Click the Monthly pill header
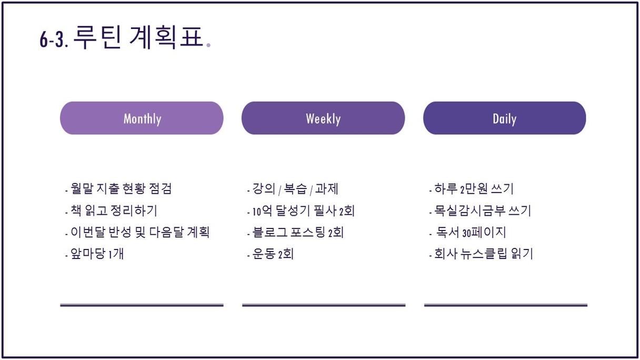(x=142, y=118)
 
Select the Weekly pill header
(x=323, y=118)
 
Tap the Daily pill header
(x=505, y=118)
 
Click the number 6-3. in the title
(x=54, y=39)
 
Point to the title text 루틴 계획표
(x=138, y=37)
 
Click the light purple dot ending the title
(x=208, y=45)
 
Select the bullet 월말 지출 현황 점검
(x=118, y=189)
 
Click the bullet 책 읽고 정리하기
(x=111, y=211)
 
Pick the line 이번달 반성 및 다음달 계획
(x=137, y=232)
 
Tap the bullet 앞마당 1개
(x=95, y=254)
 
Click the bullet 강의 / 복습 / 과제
(x=293, y=189)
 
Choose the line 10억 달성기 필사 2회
(x=301, y=211)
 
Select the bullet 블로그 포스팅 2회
(x=295, y=232)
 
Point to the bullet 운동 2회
(x=271, y=254)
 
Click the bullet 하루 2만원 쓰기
(x=472, y=189)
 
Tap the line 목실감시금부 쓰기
(x=480, y=211)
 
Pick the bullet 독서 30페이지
(x=468, y=232)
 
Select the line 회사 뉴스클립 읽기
(x=481, y=254)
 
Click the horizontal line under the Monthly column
(x=142, y=305)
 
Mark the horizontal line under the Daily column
(x=506, y=305)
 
